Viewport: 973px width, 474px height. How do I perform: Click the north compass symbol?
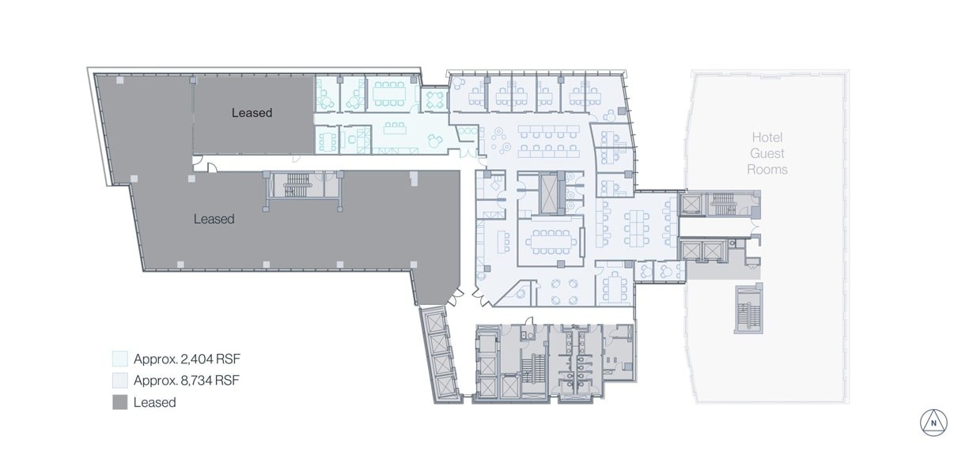(933, 423)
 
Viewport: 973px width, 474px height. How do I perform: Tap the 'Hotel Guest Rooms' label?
(767, 153)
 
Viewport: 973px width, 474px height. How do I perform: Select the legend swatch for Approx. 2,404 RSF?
(120, 359)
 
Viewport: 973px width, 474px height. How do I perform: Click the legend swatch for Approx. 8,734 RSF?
(120, 380)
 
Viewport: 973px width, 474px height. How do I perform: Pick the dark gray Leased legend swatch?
(120, 402)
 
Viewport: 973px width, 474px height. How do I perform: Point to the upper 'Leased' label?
(252, 113)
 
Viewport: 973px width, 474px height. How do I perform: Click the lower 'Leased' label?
(214, 219)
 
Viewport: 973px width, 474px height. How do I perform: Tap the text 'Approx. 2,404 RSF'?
(187, 359)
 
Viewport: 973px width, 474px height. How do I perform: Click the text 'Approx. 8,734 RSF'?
(187, 380)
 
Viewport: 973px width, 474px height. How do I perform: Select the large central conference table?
(551, 242)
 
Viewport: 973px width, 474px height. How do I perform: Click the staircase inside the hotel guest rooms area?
(748, 310)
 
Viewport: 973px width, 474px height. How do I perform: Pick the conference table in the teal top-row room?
(388, 94)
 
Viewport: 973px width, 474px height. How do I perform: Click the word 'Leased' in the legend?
(154, 402)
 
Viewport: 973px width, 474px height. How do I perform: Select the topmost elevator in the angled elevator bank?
(434, 322)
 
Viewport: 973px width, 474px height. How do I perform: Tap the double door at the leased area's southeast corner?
(456, 296)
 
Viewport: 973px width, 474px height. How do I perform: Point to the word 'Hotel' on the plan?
(767, 137)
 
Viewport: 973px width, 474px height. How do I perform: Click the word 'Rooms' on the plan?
(767, 170)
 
